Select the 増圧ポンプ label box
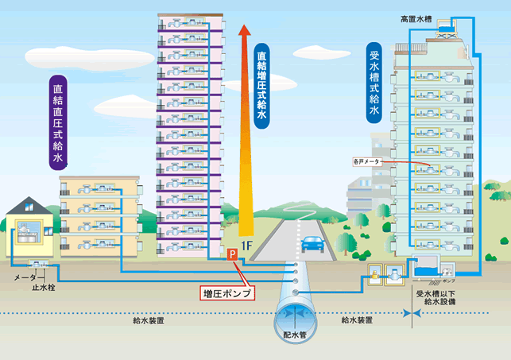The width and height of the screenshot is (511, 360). click(226, 293)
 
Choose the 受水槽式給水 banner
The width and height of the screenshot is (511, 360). click(374, 84)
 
